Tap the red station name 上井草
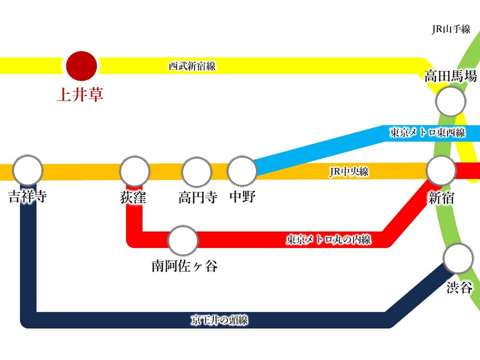click(x=80, y=94)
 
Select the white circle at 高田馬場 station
click(x=450, y=102)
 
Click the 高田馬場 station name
click(x=451, y=76)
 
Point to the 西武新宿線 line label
click(x=192, y=66)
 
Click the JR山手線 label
click(x=451, y=30)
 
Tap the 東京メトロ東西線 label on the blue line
click(x=427, y=133)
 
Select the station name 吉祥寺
click(x=28, y=197)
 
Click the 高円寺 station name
click(x=198, y=197)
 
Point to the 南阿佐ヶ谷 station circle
click(x=183, y=241)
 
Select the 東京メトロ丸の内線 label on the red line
click(x=329, y=239)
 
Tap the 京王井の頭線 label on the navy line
click(x=220, y=320)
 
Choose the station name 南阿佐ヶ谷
click(x=184, y=266)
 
